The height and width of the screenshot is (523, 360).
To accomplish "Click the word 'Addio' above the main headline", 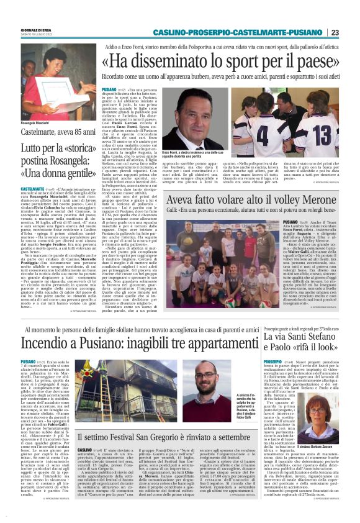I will pyautogui.click(x=114, y=46).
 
